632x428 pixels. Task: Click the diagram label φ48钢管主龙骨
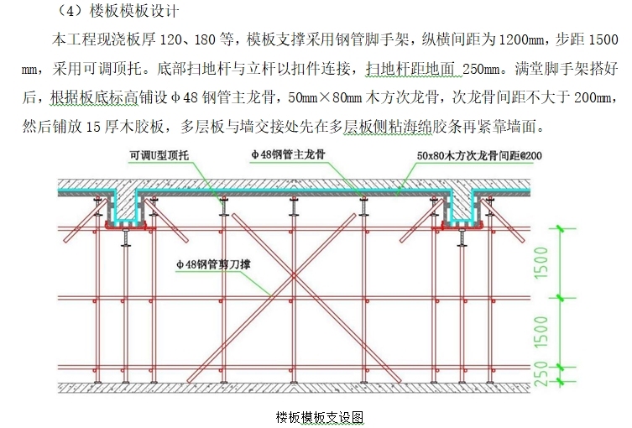pos(288,155)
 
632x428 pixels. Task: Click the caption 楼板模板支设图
pos(319,418)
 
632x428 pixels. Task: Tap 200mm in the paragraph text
pos(594,97)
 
